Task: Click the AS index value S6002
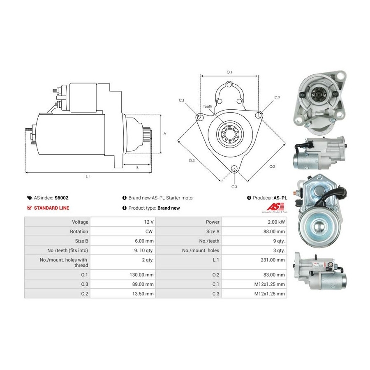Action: click(x=61, y=198)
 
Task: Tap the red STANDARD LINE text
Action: click(x=51, y=208)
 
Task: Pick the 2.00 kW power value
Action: click(x=276, y=222)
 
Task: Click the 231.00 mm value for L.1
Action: click(x=273, y=260)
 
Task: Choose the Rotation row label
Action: click(x=79, y=231)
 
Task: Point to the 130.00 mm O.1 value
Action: click(x=141, y=275)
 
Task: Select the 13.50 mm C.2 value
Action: click(x=143, y=294)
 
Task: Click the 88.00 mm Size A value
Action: click(x=274, y=231)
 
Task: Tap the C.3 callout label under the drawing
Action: click(x=234, y=187)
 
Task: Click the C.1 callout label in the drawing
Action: click(x=181, y=100)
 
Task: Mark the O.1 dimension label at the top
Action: click(x=229, y=72)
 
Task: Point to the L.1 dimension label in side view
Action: click(x=88, y=176)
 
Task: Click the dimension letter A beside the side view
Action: click(x=165, y=134)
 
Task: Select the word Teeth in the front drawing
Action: click(x=208, y=106)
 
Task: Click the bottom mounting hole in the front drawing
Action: click(x=234, y=168)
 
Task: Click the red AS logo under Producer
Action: click(x=275, y=207)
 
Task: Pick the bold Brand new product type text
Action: click(x=169, y=208)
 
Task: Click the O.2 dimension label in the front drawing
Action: click(x=272, y=166)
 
